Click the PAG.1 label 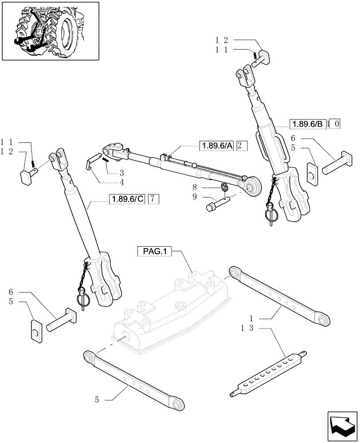click(x=155, y=252)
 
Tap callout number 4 click(x=121, y=182)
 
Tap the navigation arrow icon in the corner click(x=343, y=426)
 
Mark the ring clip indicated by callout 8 click(x=224, y=188)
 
